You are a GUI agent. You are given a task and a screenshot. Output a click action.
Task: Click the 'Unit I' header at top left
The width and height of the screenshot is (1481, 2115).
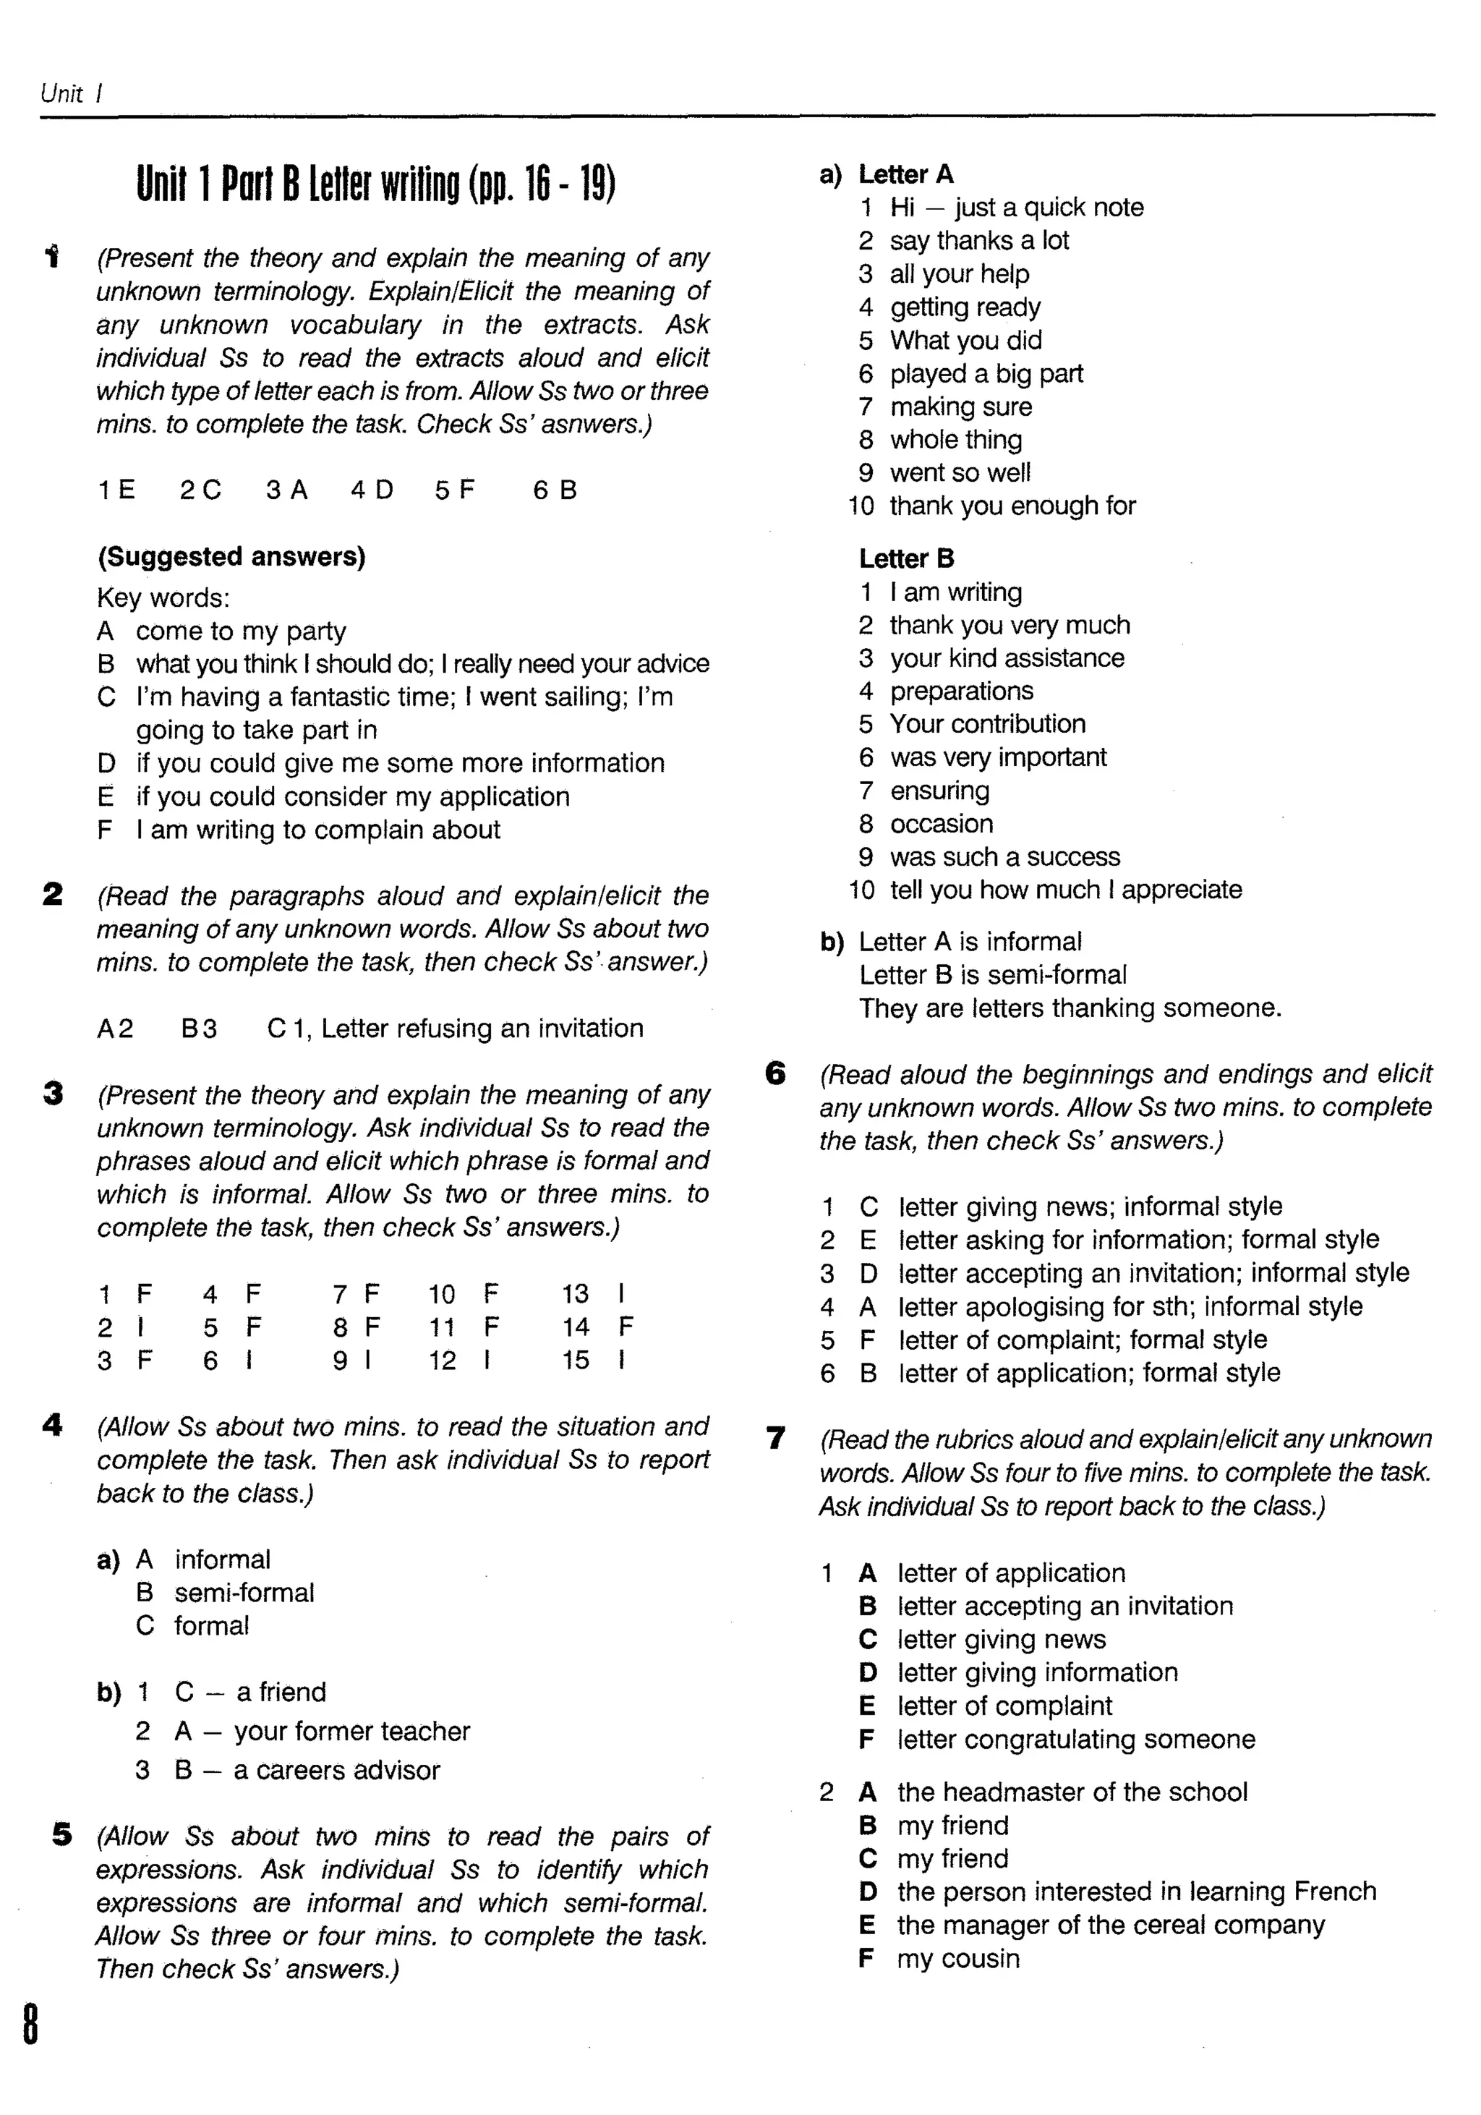pos(72,93)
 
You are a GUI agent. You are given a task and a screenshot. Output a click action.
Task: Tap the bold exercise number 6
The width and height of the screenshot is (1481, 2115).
pos(775,1073)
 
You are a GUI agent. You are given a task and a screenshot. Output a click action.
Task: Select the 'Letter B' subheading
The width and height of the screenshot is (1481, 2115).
pos(906,558)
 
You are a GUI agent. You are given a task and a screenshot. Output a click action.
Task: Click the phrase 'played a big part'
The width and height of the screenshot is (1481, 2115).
pos(986,373)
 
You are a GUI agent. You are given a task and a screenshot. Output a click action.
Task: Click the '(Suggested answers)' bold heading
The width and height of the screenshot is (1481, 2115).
pos(231,556)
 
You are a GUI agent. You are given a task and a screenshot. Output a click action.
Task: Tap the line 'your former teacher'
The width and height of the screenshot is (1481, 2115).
pos(351,1731)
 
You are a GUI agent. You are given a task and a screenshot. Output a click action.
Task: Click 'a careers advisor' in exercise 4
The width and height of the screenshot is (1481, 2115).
pos(336,1769)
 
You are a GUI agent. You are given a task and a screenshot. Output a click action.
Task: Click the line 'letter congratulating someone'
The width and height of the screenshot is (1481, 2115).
pos(1076,1739)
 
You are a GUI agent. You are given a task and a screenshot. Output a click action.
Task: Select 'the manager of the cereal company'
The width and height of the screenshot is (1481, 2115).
pos(1110,1924)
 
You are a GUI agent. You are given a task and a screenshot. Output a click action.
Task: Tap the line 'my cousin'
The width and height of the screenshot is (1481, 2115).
pos(958,1957)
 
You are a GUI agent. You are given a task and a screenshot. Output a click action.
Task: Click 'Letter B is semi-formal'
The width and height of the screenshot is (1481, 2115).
pos(992,974)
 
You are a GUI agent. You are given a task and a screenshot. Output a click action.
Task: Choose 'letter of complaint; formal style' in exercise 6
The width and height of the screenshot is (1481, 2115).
pos(1083,1340)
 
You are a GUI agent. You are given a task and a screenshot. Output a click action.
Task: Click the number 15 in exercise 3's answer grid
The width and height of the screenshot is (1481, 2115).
pos(576,1360)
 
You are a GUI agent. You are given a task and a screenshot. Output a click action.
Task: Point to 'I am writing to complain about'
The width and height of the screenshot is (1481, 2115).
pos(317,830)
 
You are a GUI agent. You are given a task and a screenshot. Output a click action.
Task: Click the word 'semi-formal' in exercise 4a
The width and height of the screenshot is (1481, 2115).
pos(244,1593)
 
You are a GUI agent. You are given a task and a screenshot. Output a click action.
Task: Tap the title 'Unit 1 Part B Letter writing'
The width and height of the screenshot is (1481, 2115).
pos(376,184)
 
